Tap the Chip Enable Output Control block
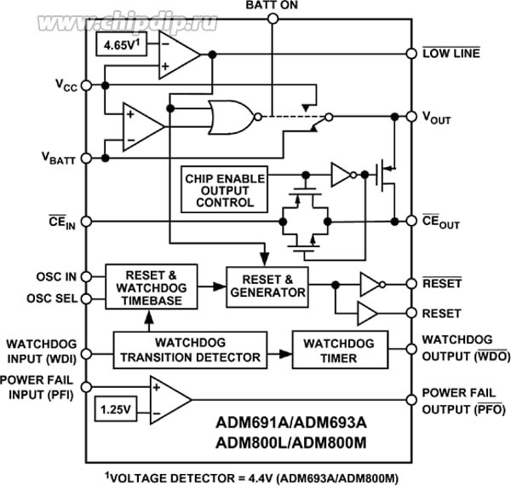(224, 190)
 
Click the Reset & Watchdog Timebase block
(151, 283)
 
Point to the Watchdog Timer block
(339, 350)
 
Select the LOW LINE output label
(451, 53)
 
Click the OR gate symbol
(230, 118)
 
